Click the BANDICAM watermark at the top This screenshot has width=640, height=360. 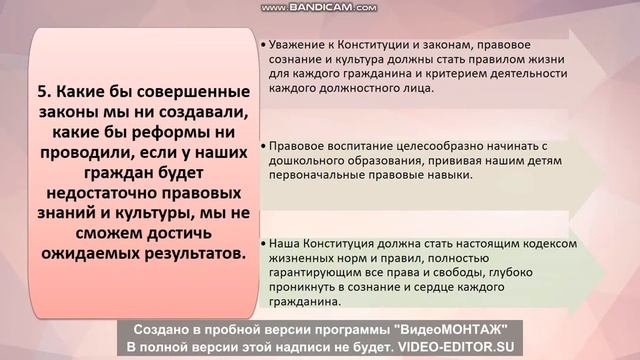point(319,7)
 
